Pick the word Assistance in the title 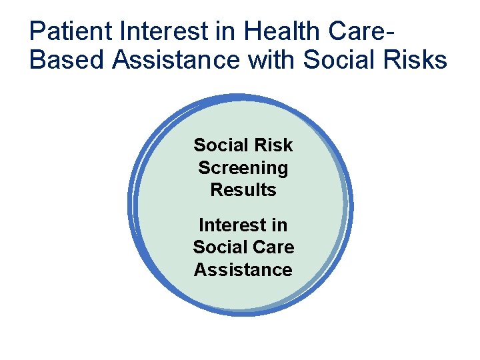pos(177,60)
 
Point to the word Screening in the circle pos(243,167)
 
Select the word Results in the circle pos(243,190)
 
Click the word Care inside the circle pos(272,247)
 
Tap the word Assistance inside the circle pos(243,270)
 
